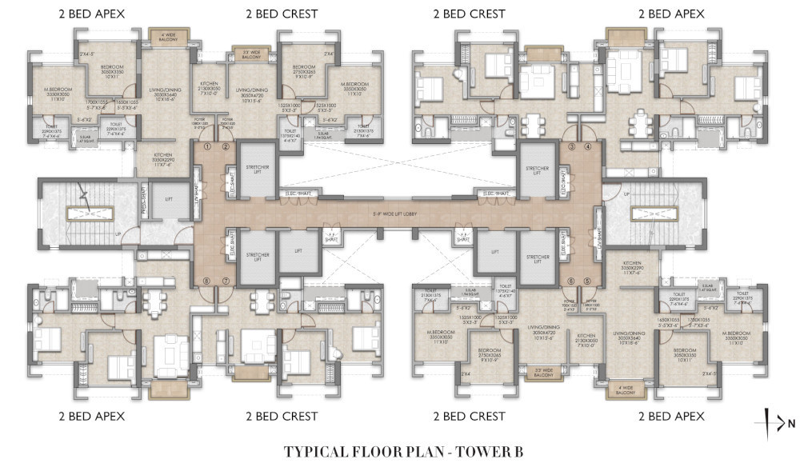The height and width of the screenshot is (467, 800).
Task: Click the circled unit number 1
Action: click(x=206, y=146)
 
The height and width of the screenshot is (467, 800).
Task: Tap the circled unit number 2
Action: click(x=226, y=146)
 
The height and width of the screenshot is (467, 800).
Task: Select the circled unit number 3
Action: click(x=571, y=147)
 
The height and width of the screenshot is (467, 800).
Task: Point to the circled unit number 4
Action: click(x=588, y=147)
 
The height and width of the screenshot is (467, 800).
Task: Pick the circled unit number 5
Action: click(x=588, y=281)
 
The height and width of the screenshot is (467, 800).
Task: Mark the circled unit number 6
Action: click(x=571, y=281)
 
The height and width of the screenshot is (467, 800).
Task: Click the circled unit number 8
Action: click(x=206, y=281)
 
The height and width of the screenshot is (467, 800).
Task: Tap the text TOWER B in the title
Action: click(x=490, y=452)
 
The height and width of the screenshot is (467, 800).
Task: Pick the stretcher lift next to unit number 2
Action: click(x=256, y=170)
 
